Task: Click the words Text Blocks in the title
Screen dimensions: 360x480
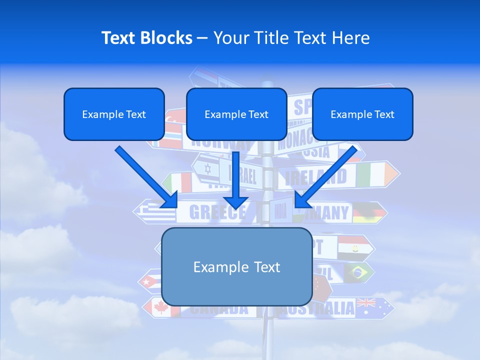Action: (146, 38)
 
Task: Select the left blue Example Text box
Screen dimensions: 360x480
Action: (114, 114)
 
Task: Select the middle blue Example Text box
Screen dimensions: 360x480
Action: (236, 114)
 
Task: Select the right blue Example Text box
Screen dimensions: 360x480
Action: (362, 114)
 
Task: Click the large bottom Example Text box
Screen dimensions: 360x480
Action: (236, 267)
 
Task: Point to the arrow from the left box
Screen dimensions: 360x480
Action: (146, 177)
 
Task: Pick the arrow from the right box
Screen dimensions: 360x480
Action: (325, 177)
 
